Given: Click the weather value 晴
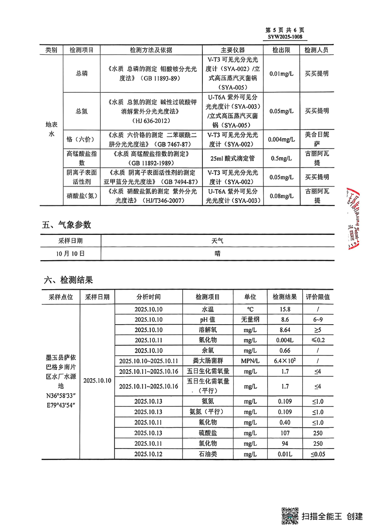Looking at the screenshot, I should click(218, 253).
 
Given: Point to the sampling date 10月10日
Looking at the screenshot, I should click(70, 253).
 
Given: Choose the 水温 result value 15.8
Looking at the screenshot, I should click(285, 309).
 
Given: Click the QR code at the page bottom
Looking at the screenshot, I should click(290, 515).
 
